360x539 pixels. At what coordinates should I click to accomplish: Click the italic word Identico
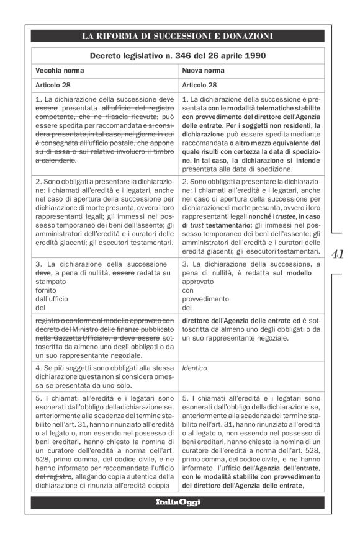(x=195, y=367)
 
